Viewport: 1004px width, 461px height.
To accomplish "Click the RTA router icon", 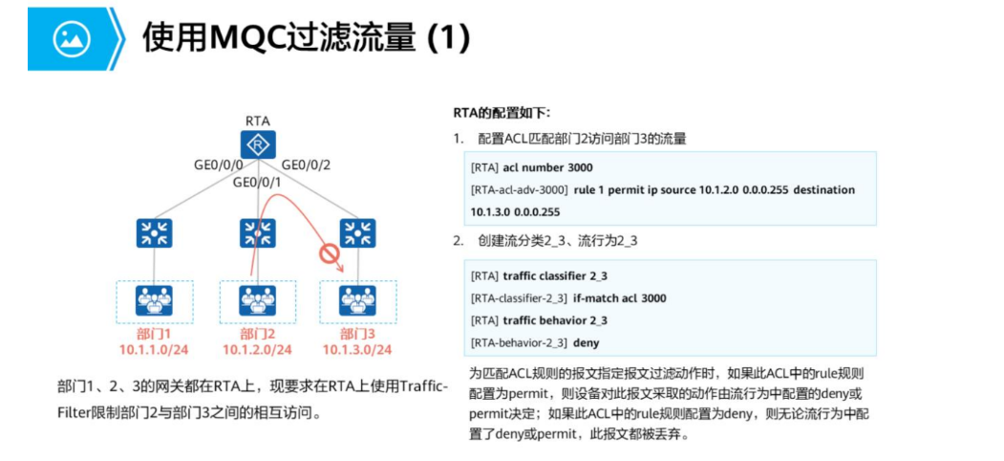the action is (257, 145).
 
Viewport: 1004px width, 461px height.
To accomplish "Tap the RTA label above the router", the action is (257, 121).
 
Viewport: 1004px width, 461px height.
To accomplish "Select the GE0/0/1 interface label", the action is (258, 182).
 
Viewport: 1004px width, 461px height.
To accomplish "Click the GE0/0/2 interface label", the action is (306, 165).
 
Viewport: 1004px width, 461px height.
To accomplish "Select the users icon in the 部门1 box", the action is (153, 300).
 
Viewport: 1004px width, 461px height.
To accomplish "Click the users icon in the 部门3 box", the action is (358, 300).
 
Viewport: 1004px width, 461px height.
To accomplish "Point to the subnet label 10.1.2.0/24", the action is (257, 350).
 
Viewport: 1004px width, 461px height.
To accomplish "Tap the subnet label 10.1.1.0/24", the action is (154, 350).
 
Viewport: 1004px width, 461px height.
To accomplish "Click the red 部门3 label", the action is (358, 334).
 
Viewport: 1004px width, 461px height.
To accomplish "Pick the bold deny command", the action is (587, 342).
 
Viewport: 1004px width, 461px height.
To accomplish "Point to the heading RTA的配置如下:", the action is (502, 113).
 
